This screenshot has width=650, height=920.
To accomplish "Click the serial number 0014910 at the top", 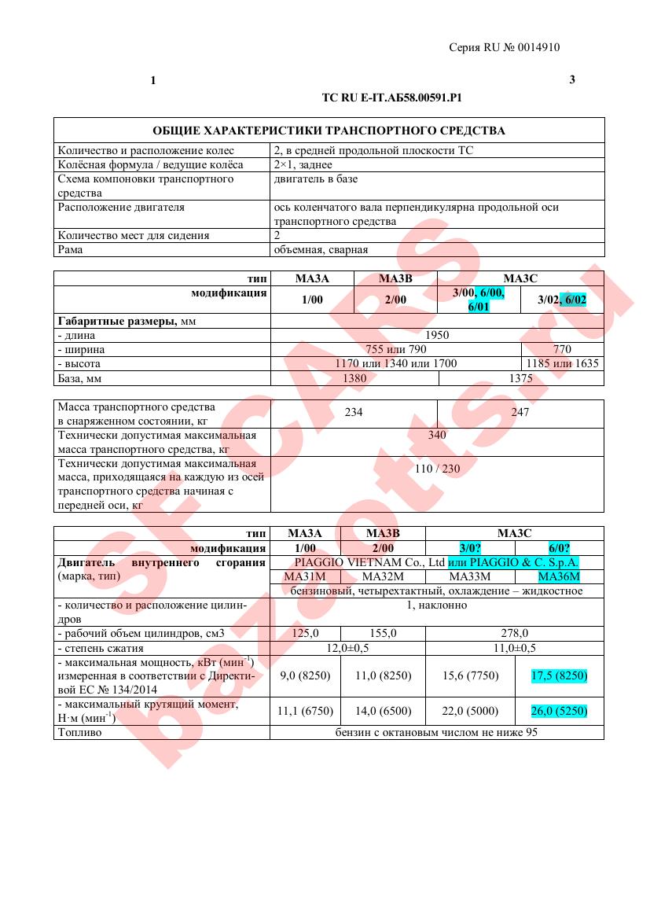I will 539,47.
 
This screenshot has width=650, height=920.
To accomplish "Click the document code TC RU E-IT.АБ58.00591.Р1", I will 391,98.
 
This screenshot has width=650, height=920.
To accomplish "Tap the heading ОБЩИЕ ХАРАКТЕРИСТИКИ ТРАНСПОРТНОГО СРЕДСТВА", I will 329,131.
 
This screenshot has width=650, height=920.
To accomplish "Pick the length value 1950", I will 437,335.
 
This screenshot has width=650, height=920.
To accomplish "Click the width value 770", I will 562,349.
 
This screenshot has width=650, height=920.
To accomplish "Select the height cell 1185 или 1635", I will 562,363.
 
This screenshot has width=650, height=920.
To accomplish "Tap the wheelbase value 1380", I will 354,378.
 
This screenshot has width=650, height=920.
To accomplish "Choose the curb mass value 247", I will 520,412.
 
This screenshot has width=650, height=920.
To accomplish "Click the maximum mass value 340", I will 437,435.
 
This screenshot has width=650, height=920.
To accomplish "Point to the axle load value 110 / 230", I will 437,469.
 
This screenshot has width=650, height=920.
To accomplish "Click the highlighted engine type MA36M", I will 559,576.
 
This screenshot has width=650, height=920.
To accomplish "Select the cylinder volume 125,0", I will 306,632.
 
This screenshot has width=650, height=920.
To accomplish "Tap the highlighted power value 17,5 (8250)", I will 559,675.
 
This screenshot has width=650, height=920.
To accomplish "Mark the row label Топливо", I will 80,732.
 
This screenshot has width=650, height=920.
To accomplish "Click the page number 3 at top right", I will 572,79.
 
